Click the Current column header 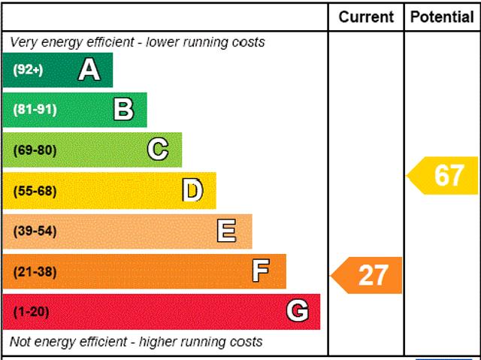(366, 17)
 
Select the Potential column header (442, 17)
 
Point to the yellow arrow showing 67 (445, 175)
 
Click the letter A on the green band (89, 70)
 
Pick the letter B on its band (123, 110)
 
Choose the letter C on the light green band (158, 150)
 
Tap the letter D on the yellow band (192, 191)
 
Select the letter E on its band (226, 231)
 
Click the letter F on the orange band (261, 271)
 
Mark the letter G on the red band (297, 311)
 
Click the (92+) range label (29, 70)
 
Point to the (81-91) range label (35, 110)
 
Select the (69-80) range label (35, 150)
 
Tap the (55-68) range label (35, 191)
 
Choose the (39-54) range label (35, 231)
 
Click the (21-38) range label (35, 271)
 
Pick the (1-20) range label (31, 311)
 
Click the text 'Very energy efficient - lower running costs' (138, 42)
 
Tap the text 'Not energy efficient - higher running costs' (137, 342)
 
